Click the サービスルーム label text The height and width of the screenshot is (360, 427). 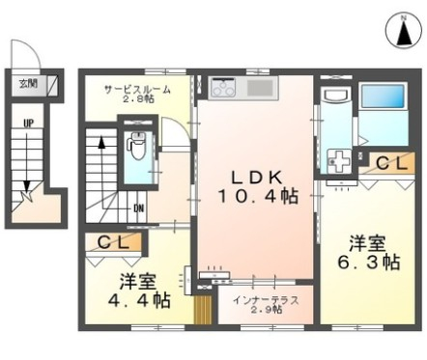click(x=139, y=88)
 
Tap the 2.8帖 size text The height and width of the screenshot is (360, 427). click(x=139, y=98)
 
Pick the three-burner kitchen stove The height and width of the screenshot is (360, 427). click(x=220, y=90)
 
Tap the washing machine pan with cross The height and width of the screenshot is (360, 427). click(x=339, y=161)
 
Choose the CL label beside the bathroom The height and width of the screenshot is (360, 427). click(x=392, y=165)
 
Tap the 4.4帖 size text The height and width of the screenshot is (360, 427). click(x=145, y=300)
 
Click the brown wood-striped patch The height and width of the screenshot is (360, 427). click(x=202, y=312)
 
